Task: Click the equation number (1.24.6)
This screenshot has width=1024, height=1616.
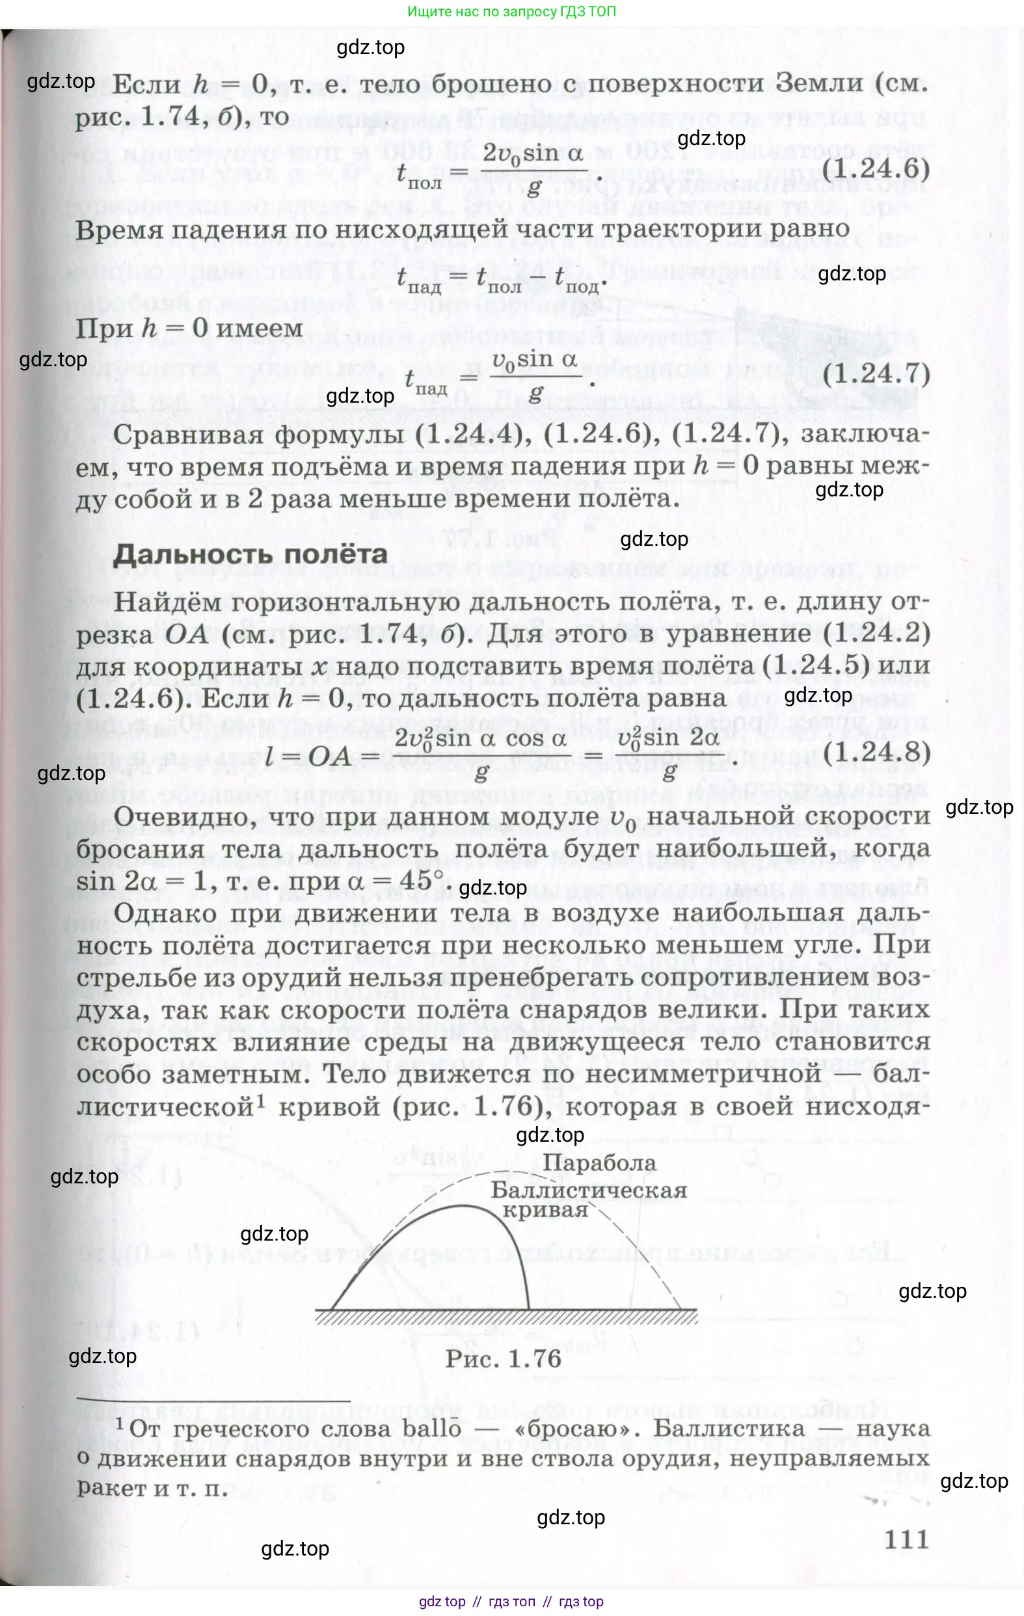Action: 875,168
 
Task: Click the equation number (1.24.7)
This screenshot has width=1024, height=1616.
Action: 876,374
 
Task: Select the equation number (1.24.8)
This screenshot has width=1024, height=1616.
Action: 876,752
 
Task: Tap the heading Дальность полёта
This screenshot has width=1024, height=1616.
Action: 250,554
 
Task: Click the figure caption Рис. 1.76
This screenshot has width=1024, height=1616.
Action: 504,1359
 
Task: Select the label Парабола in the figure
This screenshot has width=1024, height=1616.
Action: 599,1163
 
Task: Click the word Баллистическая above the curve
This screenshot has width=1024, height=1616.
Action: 589,1191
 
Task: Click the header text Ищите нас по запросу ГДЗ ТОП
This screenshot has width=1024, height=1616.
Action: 511,12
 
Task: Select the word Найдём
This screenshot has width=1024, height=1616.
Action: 167,602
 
